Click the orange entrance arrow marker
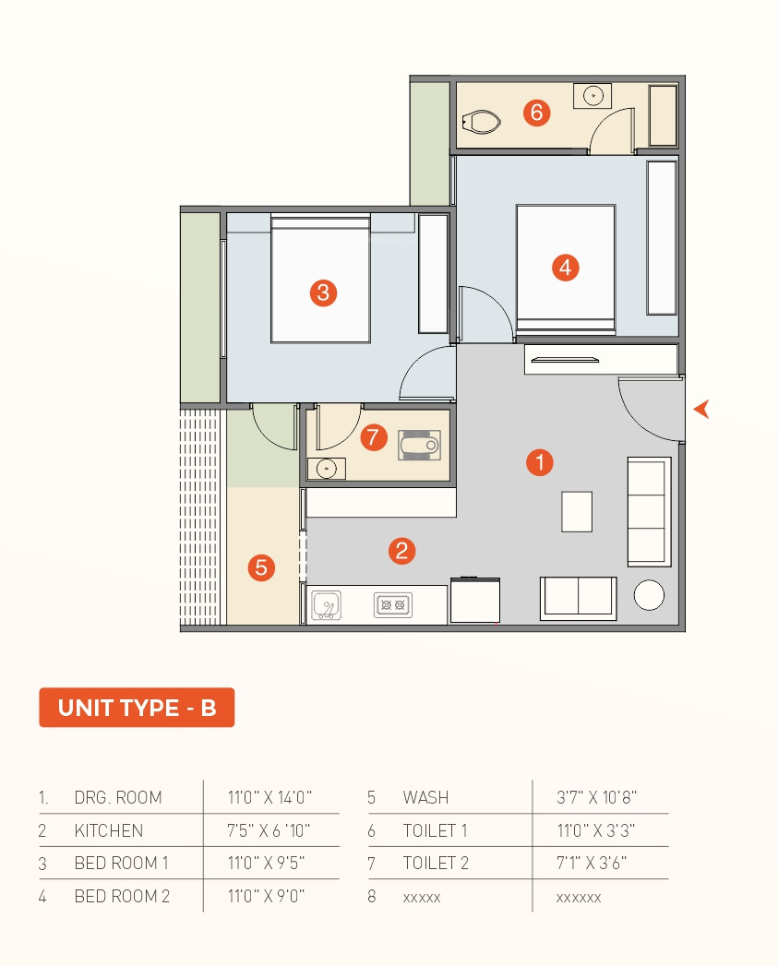click(x=702, y=409)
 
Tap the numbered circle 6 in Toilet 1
click(x=536, y=113)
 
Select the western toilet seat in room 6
click(x=481, y=122)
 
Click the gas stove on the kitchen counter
click(x=393, y=605)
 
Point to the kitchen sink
click(x=326, y=605)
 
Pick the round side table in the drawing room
click(x=649, y=595)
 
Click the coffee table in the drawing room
click(x=577, y=511)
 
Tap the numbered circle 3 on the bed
click(x=323, y=292)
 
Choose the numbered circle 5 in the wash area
click(x=261, y=567)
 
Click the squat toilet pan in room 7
click(x=419, y=445)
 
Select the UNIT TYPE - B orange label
click(x=137, y=708)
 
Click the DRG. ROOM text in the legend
click(x=118, y=797)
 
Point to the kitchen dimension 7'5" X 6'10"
click(x=269, y=830)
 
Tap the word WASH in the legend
click(x=425, y=797)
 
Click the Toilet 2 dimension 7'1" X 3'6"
click(x=592, y=863)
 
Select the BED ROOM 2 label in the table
click(x=122, y=896)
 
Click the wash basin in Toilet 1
click(x=592, y=96)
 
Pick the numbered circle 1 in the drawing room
click(x=539, y=462)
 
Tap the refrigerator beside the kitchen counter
click(x=474, y=600)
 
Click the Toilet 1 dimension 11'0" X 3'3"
click(x=595, y=830)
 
